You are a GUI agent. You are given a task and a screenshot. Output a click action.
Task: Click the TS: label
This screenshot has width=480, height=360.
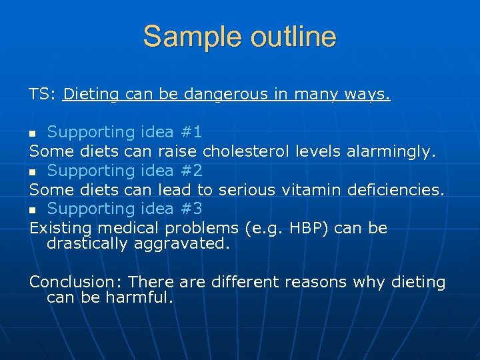pyautogui.click(x=43, y=94)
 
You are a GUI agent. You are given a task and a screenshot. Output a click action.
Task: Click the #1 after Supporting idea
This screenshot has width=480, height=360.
pyautogui.click(x=192, y=132)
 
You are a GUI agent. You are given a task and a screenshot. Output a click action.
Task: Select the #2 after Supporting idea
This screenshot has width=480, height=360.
pyautogui.click(x=192, y=171)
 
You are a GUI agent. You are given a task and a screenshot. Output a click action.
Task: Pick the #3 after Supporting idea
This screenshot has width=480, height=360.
pyautogui.click(x=192, y=209)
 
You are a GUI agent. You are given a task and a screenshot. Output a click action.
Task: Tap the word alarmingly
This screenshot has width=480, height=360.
pyautogui.click(x=391, y=151)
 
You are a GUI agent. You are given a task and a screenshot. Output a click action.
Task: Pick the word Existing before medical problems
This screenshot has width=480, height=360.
pyautogui.click(x=59, y=229)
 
